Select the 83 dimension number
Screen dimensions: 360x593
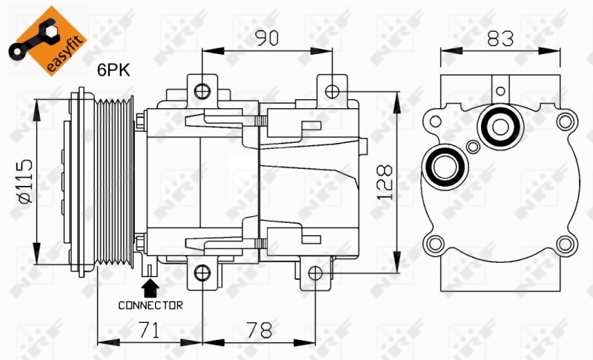(x=501, y=39)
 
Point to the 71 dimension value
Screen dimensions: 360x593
(x=150, y=329)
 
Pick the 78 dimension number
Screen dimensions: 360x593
(x=259, y=329)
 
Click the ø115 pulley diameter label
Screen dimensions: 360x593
(x=24, y=181)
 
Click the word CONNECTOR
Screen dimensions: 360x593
(x=150, y=304)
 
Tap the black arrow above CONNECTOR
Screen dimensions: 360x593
(x=150, y=286)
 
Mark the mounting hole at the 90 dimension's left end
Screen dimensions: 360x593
(x=202, y=91)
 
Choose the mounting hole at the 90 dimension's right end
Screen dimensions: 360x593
(x=333, y=91)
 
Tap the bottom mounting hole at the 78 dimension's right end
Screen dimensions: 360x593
(x=315, y=273)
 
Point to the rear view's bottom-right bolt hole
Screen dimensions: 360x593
(x=565, y=244)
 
